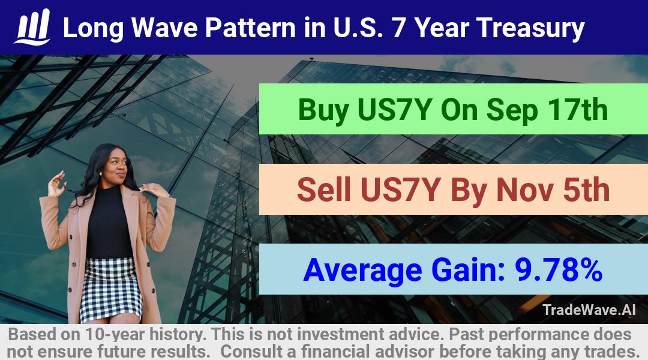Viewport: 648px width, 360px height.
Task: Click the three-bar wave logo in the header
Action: (32, 27)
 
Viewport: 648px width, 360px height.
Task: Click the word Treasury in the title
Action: (530, 29)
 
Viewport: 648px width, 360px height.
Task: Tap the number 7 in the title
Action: (398, 27)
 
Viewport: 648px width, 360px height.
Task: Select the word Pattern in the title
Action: (250, 27)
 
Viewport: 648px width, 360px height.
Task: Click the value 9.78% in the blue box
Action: (559, 269)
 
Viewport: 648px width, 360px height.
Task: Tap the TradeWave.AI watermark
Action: (589, 310)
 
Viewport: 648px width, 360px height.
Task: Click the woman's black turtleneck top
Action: (109, 223)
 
